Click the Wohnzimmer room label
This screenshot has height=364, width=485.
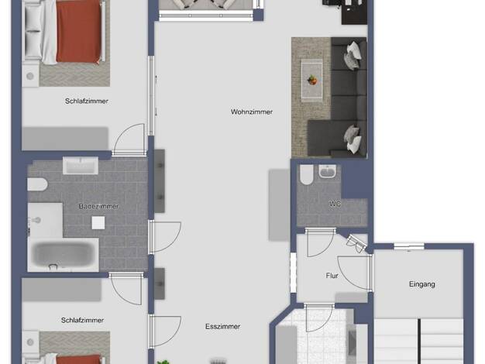[252, 112]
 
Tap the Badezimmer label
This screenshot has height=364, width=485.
[98, 206]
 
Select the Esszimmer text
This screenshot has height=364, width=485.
[222, 327]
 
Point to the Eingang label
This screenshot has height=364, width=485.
[422, 284]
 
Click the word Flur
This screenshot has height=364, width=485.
[332, 276]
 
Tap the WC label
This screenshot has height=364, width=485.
[335, 204]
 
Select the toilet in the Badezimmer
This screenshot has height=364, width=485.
[37, 184]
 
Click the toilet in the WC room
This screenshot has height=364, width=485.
[306, 175]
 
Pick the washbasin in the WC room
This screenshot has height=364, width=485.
[327, 171]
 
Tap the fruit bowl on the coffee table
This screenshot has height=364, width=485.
[312, 81]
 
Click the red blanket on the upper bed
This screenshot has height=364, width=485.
[78, 32]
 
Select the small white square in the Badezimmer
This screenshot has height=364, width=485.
[98, 223]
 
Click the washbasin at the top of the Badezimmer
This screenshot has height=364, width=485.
[81, 166]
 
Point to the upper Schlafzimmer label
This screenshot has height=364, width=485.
[87, 101]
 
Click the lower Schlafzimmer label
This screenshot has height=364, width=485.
[82, 321]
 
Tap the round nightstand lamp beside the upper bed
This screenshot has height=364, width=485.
[30, 76]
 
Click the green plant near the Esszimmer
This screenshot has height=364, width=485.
[163, 362]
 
